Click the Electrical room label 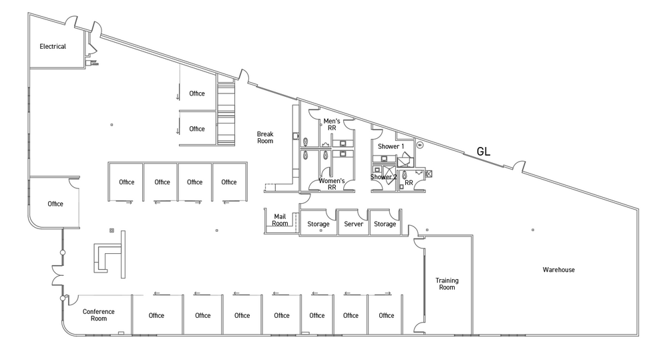click(53, 47)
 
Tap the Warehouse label click(558, 270)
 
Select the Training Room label click(446, 284)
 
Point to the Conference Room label click(99, 315)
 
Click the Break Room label click(265, 138)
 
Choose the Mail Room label click(280, 220)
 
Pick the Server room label click(353, 224)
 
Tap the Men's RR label click(332, 124)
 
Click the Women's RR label click(332, 184)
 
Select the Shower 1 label click(391, 146)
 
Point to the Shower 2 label click(384, 177)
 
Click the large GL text click(483, 152)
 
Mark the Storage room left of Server click(318, 224)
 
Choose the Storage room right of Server click(385, 224)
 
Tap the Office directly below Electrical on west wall click(55, 204)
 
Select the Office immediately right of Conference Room click(156, 316)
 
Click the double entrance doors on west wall click(56, 274)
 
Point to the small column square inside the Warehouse click(532, 230)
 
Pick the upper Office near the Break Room click(197, 94)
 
